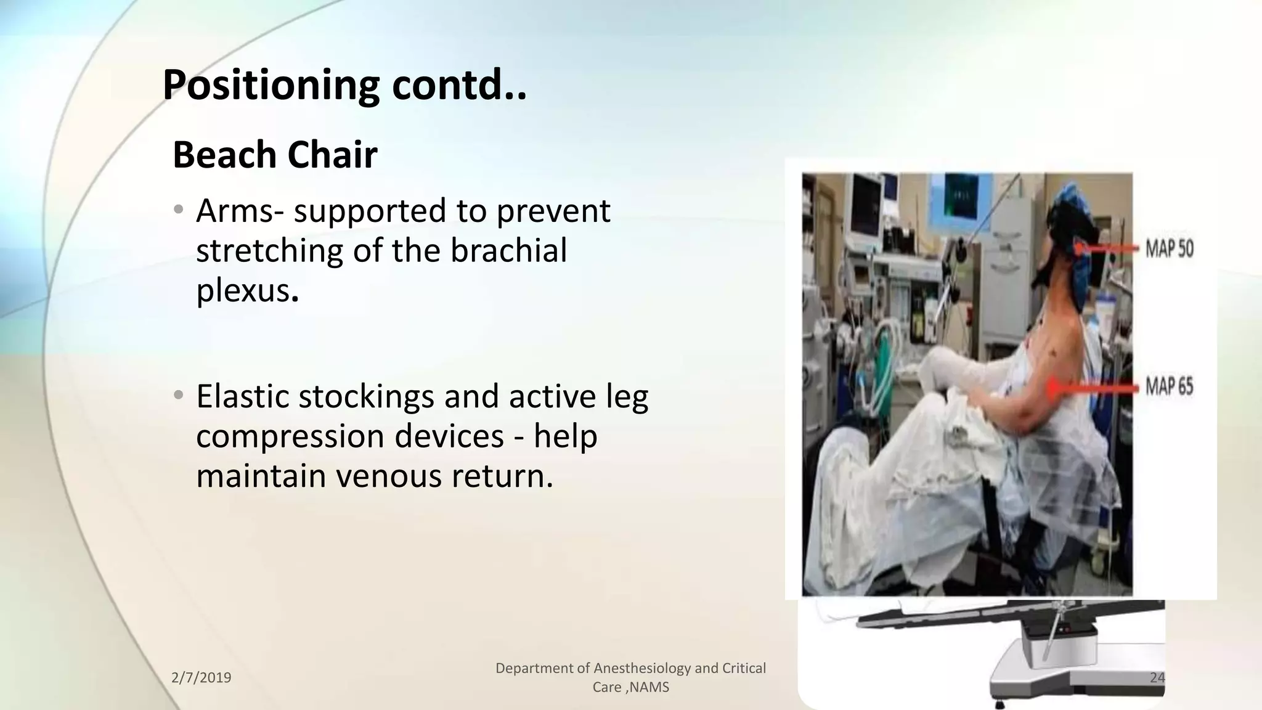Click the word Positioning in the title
pyautogui.click(x=271, y=86)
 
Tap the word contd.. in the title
pyautogui.click(x=459, y=86)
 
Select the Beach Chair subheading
pyautogui.click(x=275, y=155)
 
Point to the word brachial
pyautogui.click(x=508, y=251)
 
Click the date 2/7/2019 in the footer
pyautogui.click(x=201, y=678)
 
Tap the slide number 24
pyautogui.click(x=1157, y=678)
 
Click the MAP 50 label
pyautogui.click(x=1169, y=249)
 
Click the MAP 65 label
pyautogui.click(x=1169, y=387)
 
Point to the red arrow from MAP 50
pyautogui.click(x=1106, y=248)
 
